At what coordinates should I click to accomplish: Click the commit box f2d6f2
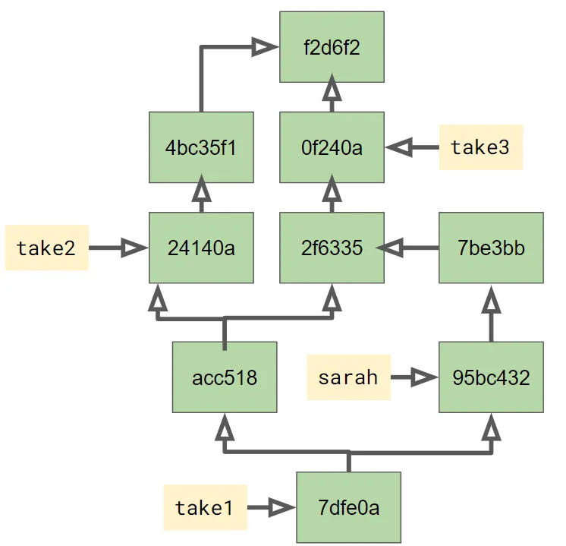pos(332,47)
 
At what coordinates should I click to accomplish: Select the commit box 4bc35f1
pos(201,147)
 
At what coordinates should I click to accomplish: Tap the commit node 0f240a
pos(332,147)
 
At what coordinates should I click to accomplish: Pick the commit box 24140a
pos(201,248)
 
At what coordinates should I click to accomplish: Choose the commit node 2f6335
pos(332,248)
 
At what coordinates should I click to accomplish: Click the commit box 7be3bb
pos(492,248)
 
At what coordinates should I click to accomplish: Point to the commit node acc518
pos(225,377)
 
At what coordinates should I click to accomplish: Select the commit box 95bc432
pos(492,377)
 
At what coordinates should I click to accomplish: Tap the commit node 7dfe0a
pos(348,507)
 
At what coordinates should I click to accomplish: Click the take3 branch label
pos(480,147)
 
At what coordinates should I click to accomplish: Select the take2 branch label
pos(46,248)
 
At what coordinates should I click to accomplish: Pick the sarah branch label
pos(348,377)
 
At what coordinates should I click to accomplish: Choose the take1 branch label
pos(204,507)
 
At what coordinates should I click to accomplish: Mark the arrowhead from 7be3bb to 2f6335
pos(390,248)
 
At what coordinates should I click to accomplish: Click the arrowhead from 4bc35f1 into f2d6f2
pos(265,47)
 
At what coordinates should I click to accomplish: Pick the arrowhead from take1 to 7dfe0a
pos(281,507)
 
